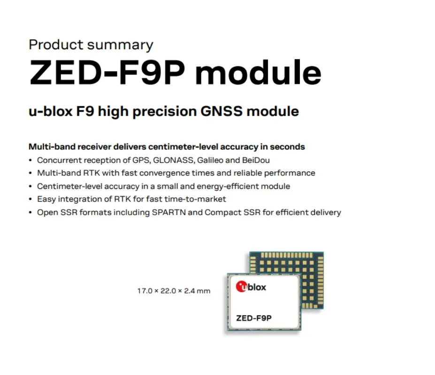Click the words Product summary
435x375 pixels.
coord(91,45)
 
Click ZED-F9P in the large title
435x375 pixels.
coord(107,73)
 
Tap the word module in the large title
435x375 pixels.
coord(258,72)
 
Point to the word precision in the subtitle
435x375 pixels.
coord(165,112)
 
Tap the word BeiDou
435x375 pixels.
coord(256,160)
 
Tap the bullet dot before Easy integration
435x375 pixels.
coord(31,199)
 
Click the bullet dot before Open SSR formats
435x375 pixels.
coord(31,213)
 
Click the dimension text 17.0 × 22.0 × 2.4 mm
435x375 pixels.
coord(174,291)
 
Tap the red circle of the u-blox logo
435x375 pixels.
coord(241,286)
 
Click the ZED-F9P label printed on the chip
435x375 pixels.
coord(254,318)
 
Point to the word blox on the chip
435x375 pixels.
coord(256,287)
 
